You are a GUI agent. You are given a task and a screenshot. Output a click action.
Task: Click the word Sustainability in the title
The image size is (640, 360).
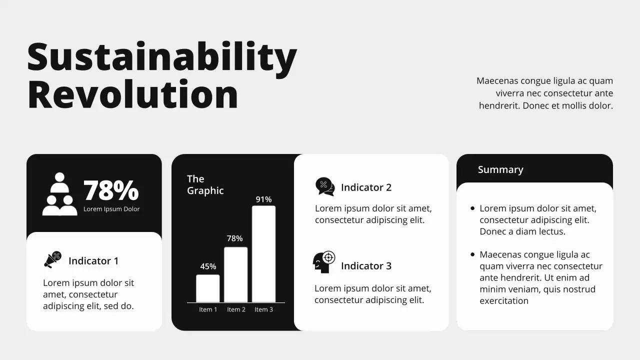click(x=161, y=57)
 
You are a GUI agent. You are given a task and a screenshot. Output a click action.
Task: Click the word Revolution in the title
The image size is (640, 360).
click(x=132, y=94)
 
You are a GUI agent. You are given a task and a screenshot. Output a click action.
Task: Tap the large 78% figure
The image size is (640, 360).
click(x=111, y=190)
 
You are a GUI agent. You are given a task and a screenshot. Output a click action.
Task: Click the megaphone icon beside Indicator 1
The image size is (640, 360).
click(x=52, y=259)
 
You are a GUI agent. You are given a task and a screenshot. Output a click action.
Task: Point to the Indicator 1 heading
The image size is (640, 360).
click(x=93, y=261)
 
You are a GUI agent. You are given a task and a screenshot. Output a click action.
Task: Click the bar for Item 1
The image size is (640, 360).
click(x=207, y=288)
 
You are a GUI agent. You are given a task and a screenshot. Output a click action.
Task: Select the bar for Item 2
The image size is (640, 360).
click(x=235, y=274)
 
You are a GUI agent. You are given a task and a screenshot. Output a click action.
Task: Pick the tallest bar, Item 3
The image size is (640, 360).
click(x=263, y=254)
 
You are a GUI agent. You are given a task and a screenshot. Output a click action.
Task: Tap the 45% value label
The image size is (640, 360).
click(x=208, y=266)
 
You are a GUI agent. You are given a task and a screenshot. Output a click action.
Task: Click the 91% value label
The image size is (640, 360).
click(x=263, y=199)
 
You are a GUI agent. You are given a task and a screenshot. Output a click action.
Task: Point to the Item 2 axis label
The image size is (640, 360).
click(x=236, y=309)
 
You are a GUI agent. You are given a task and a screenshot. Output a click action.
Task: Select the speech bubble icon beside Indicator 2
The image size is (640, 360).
click(x=325, y=186)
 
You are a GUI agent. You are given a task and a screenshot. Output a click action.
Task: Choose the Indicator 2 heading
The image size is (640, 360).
click(x=366, y=187)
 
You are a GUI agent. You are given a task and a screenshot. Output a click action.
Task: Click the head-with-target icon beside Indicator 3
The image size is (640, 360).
click(x=324, y=262)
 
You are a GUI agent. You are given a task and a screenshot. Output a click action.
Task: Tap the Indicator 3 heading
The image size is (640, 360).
click(x=366, y=266)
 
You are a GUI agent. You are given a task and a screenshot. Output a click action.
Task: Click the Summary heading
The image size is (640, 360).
click(x=500, y=169)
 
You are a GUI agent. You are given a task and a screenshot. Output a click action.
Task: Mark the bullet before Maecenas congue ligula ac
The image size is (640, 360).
click(x=472, y=254)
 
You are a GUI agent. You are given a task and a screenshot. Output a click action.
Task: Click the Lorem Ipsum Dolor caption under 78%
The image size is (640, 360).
click(x=111, y=209)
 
